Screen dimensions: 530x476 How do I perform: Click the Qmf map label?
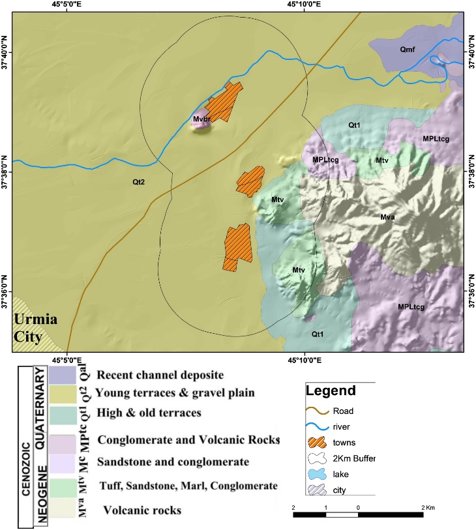pyautogui.click(x=409, y=49)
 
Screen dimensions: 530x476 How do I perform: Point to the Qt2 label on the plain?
pyautogui.click(x=139, y=183)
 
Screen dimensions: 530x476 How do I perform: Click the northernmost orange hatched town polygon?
pyautogui.click(x=224, y=102)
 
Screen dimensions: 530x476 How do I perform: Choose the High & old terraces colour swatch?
pyautogui.click(x=70, y=411)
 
